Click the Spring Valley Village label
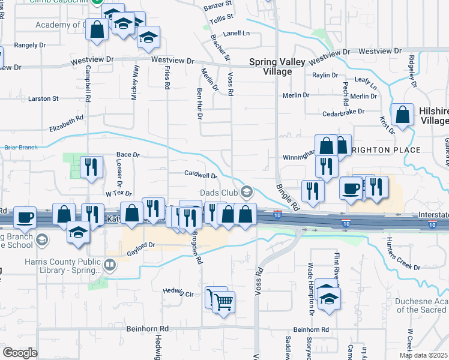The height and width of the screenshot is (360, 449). [x=270, y=67]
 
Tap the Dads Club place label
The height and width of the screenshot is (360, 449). [x=219, y=192]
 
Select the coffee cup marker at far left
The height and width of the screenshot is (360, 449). [x=25, y=217]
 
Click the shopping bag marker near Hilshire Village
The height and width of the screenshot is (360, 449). [x=402, y=114]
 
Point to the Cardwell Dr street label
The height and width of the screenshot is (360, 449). [x=200, y=175]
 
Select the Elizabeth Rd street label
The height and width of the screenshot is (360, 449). [x=66, y=124]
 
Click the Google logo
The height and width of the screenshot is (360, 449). [x=20, y=353]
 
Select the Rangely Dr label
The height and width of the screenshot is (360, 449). [x=30, y=45]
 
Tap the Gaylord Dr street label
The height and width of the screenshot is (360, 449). [x=141, y=245]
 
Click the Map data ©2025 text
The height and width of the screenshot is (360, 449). [x=424, y=355]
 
